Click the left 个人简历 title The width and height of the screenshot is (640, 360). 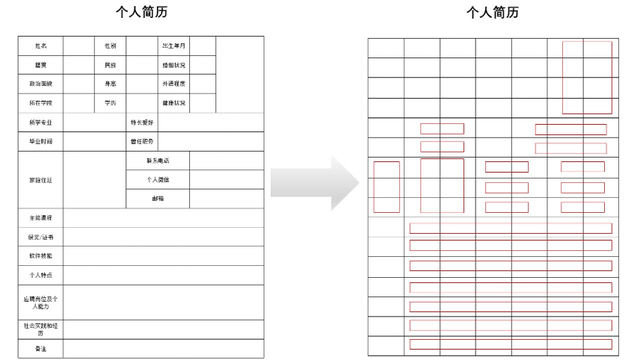pyautogui.click(x=139, y=13)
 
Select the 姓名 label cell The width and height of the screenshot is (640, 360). pyautogui.click(x=41, y=46)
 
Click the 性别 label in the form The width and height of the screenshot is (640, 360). pyautogui.click(x=110, y=46)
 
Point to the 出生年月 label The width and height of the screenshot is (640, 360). pyautogui.click(x=173, y=46)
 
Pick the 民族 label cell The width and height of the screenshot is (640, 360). pyautogui.click(x=110, y=65)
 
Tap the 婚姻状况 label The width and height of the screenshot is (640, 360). pyautogui.click(x=173, y=65)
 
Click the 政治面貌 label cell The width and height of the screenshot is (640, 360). pyautogui.click(x=41, y=84)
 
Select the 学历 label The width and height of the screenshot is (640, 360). pyautogui.click(x=110, y=103)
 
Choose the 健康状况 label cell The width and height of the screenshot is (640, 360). pyautogui.click(x=173, y=103)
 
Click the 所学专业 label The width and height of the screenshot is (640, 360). pyautogui.click(x=41, y=122)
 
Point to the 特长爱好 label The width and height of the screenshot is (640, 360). pyautogui.click(x=142, y=122)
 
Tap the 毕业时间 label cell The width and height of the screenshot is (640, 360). pyautogui.click(x=41, y=141)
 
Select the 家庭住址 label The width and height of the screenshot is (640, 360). pyautogui.click(x=41, y=179)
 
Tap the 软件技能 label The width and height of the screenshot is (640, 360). pyautogui.click(x=41, y=256)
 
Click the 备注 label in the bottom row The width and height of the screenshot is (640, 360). pyautogui.click(x=41, y=348)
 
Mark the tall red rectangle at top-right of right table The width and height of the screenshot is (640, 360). pyautogui.click(x=587, y=77)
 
